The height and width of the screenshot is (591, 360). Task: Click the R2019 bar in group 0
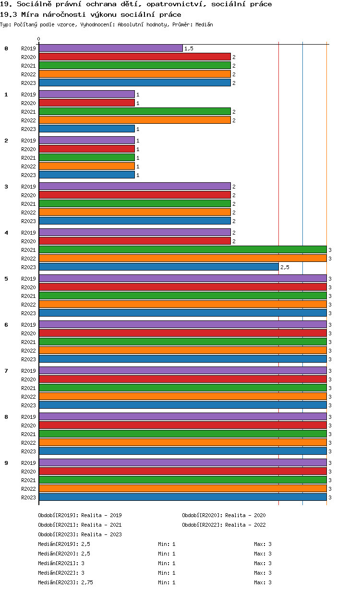[x=110, y=48]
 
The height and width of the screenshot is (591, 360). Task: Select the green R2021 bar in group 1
[x=134, y=112]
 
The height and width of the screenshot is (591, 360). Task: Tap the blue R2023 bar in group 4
[x=158, y=267]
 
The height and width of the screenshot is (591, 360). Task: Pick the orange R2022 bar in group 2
[x=86, y=166]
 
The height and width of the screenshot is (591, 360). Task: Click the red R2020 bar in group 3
[x=134, y=195]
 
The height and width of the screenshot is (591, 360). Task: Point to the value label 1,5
[x=189, y=49]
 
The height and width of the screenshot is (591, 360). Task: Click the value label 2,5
[x=285, y=267]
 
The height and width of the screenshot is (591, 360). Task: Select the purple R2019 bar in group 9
[x=182, y=462]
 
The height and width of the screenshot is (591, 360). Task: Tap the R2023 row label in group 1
[x=28, y=129]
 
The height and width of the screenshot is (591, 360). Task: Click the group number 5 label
[x=6, y=279]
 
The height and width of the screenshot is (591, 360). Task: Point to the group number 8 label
[x=6, y=417]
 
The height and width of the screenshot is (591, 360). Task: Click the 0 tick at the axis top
[x=39, y=39]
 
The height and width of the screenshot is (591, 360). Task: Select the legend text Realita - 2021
[x=101, y=525]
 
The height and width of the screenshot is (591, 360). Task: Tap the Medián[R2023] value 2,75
[x=87, y=582]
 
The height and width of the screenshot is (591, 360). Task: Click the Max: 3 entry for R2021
[x=263, y=563]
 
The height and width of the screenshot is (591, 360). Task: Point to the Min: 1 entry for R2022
[x=167, y=573]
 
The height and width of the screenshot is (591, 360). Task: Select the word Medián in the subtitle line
[x=204, y=24]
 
